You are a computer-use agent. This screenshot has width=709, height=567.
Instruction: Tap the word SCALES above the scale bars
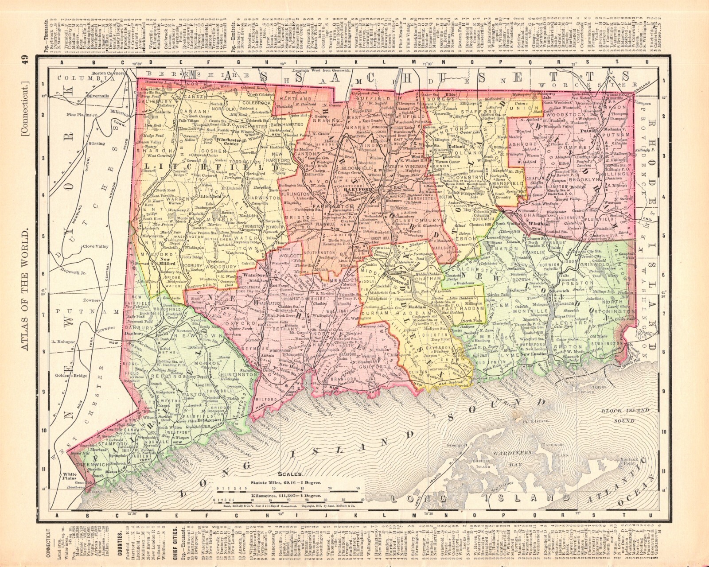[x=291, y=473]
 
